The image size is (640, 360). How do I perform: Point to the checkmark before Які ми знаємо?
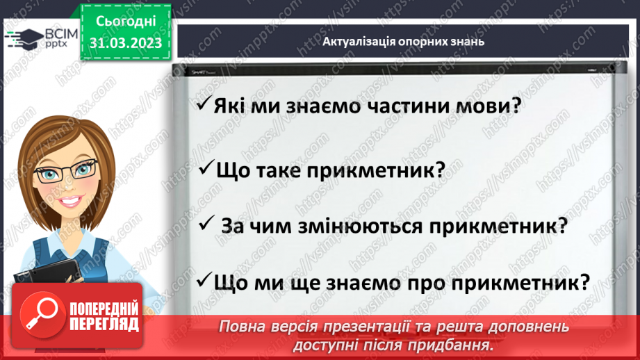[202, 104]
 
